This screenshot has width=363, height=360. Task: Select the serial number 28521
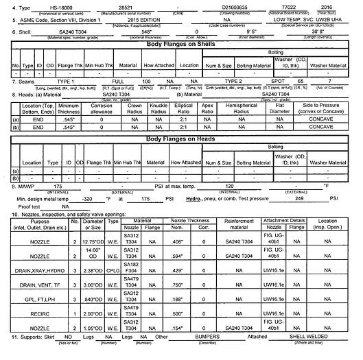coord(125,5)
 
